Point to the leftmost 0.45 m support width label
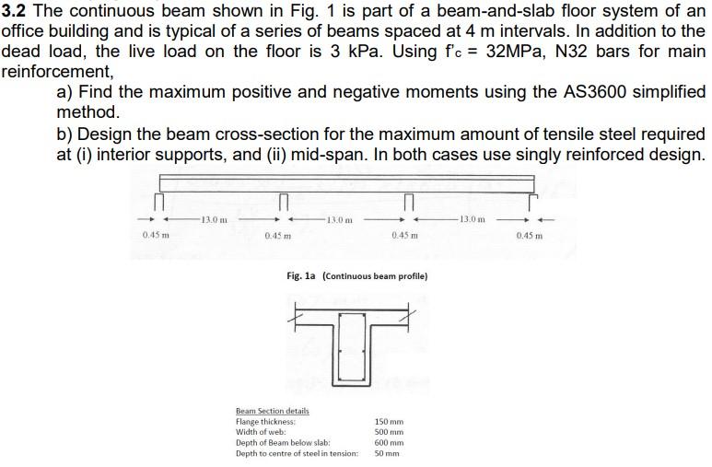coord(156,237)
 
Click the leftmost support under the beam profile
coord(159,200)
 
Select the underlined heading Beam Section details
coord(273,411)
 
